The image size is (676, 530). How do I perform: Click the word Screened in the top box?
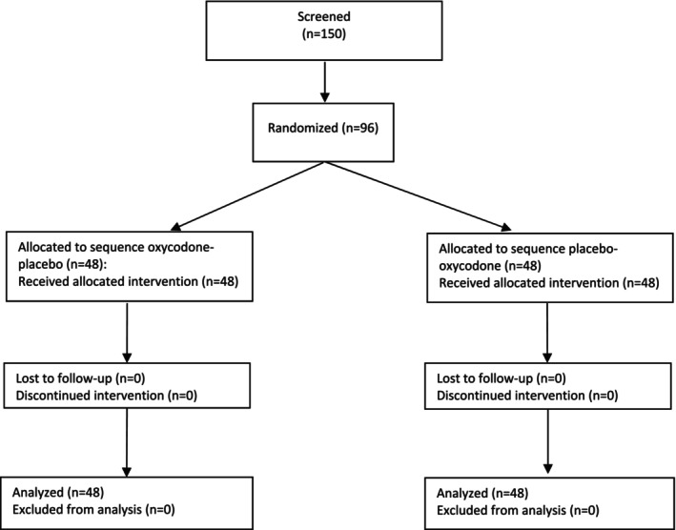click(x=324, y=17)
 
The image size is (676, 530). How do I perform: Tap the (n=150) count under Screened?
click(x=324, y=35)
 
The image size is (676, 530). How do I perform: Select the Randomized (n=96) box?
click(x=323, y=132)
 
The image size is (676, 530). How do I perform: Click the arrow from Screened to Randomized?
click(x=324, y=82)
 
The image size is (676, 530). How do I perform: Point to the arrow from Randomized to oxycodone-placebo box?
click(x=248, y=195)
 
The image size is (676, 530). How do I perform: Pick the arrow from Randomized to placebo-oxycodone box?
click(x=418, y=196)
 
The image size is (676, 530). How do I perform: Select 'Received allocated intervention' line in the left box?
click(x=128, y=283)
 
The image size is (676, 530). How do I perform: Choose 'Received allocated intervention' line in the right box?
click(x=549, y=283)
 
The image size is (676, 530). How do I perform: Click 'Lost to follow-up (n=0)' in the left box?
click(x=80, y=378)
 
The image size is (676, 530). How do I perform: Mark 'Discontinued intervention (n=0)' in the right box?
click(x=527, y=396)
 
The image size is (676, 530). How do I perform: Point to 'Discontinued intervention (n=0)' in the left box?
click(x=106, y=396)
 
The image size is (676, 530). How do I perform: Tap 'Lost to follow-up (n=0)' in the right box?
click(x=502, y=378)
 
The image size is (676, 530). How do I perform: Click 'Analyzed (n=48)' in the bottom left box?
click(x=58, y=493)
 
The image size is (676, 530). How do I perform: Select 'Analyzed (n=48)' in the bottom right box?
click(x=482, y=494)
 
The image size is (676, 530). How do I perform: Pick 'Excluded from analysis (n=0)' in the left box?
click(x=93, y=510)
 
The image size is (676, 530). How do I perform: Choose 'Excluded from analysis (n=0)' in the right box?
click(x=518, y=511)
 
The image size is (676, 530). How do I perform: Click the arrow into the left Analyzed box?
click(x=127, y=442)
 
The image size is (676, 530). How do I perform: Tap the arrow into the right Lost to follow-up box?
click(x=547, y=333)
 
